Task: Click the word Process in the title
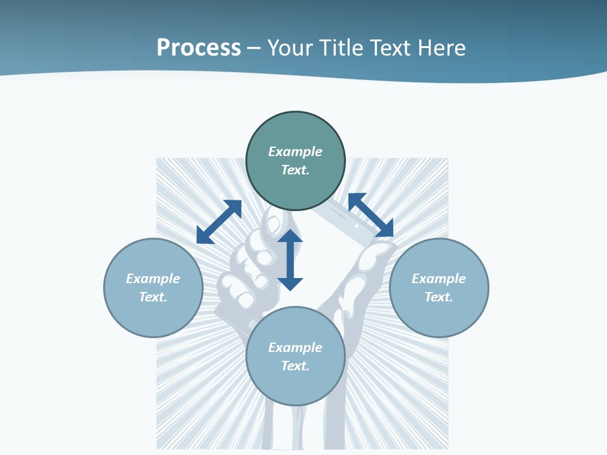pos(199,48)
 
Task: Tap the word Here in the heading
pos(441,48)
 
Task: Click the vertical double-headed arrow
pos(290,260)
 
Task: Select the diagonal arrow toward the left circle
pos(219,222)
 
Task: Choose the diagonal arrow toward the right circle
pos(371,215)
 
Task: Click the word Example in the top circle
pos(295,152)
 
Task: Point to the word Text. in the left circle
pos(153,297)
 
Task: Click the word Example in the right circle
pos(439,279)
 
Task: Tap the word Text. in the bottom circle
pos(295,366)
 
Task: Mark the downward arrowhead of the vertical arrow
pos(290,284)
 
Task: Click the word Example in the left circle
pos(153,279)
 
